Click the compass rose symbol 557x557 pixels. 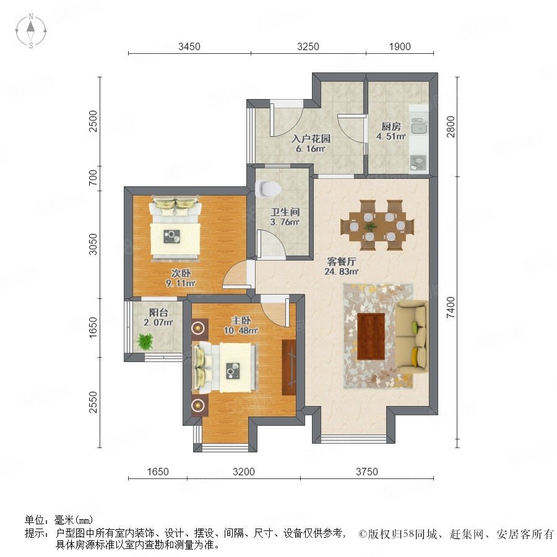31,31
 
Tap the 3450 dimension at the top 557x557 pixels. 189,46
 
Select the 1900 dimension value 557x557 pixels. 400,46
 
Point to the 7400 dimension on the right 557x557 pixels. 450,308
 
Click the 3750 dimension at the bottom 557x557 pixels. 367,472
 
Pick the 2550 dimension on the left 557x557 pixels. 93,402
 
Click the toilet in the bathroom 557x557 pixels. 268,189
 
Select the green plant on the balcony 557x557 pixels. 145,342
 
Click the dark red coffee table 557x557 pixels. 371,337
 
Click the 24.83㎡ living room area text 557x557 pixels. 342,272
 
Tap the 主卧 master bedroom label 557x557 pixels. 241,321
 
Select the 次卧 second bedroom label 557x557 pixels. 181,273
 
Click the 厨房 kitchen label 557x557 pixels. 391,126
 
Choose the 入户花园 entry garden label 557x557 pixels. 311,139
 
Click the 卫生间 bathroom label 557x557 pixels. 285,212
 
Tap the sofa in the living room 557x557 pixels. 412,337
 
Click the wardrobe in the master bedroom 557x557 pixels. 289,367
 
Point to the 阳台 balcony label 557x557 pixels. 158,313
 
